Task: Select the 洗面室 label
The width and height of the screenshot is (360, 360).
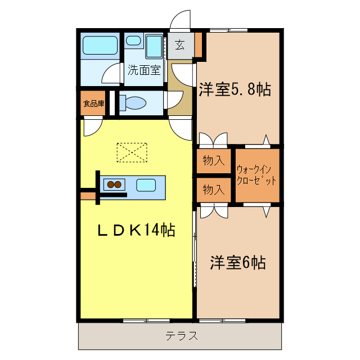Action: pos(144,70)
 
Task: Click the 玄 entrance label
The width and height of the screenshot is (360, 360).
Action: pos(179,46)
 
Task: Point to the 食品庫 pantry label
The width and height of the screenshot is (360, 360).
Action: pos(94,103)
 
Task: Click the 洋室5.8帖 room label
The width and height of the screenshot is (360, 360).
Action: pos(235,89)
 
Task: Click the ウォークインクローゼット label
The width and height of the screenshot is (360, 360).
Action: pos(256,175)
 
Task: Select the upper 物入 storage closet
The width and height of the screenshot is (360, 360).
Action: pos(214,161)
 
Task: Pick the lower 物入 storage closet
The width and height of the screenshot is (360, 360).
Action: pos(214,190)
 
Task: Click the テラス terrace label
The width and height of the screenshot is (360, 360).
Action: pos(181,336)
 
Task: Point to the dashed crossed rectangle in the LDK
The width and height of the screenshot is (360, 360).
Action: pos(131,152)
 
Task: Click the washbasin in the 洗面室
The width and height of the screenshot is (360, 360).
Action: pos(133,40)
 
